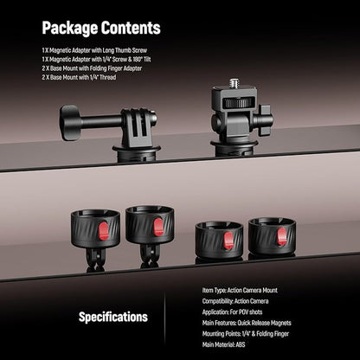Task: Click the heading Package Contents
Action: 101,28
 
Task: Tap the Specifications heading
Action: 113,317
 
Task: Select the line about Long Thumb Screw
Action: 94,50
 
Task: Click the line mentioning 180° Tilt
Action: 96,60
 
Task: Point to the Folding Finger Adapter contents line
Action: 92,68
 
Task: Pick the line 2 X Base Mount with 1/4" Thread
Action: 79,77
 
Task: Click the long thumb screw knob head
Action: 70,123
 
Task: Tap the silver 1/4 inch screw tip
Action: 235,83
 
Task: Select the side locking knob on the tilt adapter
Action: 265,120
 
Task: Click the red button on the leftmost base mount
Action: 104,231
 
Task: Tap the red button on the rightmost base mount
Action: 282,236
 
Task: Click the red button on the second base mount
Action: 158,227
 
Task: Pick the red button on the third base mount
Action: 228,241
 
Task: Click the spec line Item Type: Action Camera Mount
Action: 240,290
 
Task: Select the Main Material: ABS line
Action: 223,344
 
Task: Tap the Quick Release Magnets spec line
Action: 247,323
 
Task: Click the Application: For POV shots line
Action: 232,312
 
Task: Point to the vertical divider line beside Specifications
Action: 165,318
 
